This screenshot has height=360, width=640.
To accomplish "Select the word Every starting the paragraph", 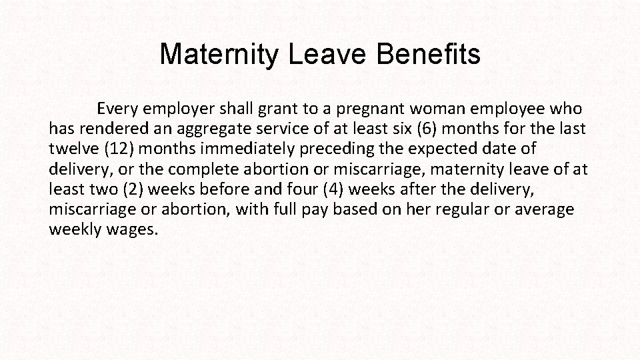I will pos(119,108).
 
